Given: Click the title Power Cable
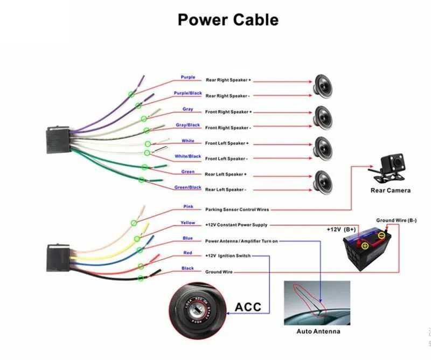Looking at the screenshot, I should point(228,20).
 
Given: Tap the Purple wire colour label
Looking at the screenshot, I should point(188,78).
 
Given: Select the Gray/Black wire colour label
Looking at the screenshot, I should point(188,125).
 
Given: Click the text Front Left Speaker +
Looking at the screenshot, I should point(227,143).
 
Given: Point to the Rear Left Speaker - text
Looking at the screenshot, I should point(226,190).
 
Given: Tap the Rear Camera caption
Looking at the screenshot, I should point(390,190).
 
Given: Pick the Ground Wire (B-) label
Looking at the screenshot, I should point(396,220).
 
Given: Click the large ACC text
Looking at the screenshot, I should point(248,307).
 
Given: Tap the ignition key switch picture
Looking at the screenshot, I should point(196,307).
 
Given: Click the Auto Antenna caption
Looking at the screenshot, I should point(318,331).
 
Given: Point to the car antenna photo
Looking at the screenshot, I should point(317,302).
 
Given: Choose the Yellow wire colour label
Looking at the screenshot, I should point(188,223).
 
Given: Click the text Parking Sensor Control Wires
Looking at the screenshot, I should point(237,209).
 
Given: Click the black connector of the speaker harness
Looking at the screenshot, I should point(57,140).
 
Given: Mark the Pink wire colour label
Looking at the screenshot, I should point(188,206).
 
